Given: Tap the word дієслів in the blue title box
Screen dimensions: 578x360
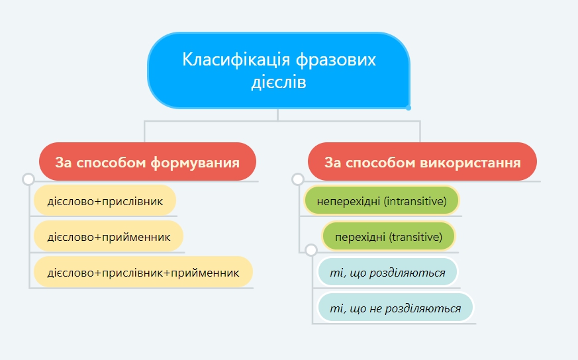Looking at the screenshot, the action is point(279,82).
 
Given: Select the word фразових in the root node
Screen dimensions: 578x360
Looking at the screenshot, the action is point(336,60).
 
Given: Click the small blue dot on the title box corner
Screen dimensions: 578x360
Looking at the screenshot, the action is point(409,108).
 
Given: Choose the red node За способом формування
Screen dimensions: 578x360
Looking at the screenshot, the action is point(148,161).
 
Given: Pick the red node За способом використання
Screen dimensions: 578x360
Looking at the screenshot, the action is point(422,161).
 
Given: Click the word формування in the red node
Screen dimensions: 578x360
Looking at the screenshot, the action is point(195,163).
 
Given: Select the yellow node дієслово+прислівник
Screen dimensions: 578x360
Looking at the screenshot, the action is point(105,201).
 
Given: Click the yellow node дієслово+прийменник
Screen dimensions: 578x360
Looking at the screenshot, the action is point(109,236).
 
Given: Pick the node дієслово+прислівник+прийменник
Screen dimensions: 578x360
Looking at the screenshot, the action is point(144,272).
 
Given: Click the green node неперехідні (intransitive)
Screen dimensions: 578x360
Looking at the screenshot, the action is point(381,201).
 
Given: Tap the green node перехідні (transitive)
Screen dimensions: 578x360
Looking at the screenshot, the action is point(389,236).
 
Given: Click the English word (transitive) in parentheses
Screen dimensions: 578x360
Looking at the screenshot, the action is point(416,237).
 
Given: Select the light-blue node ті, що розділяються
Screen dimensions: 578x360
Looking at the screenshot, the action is point(387,272).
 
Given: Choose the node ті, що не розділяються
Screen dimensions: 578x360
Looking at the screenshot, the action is point(395,308).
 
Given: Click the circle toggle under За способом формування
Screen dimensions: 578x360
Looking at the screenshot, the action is point(28,179).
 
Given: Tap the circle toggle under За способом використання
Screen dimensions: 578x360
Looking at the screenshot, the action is point(298,179).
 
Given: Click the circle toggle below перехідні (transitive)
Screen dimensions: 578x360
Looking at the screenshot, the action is point(311,250).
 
